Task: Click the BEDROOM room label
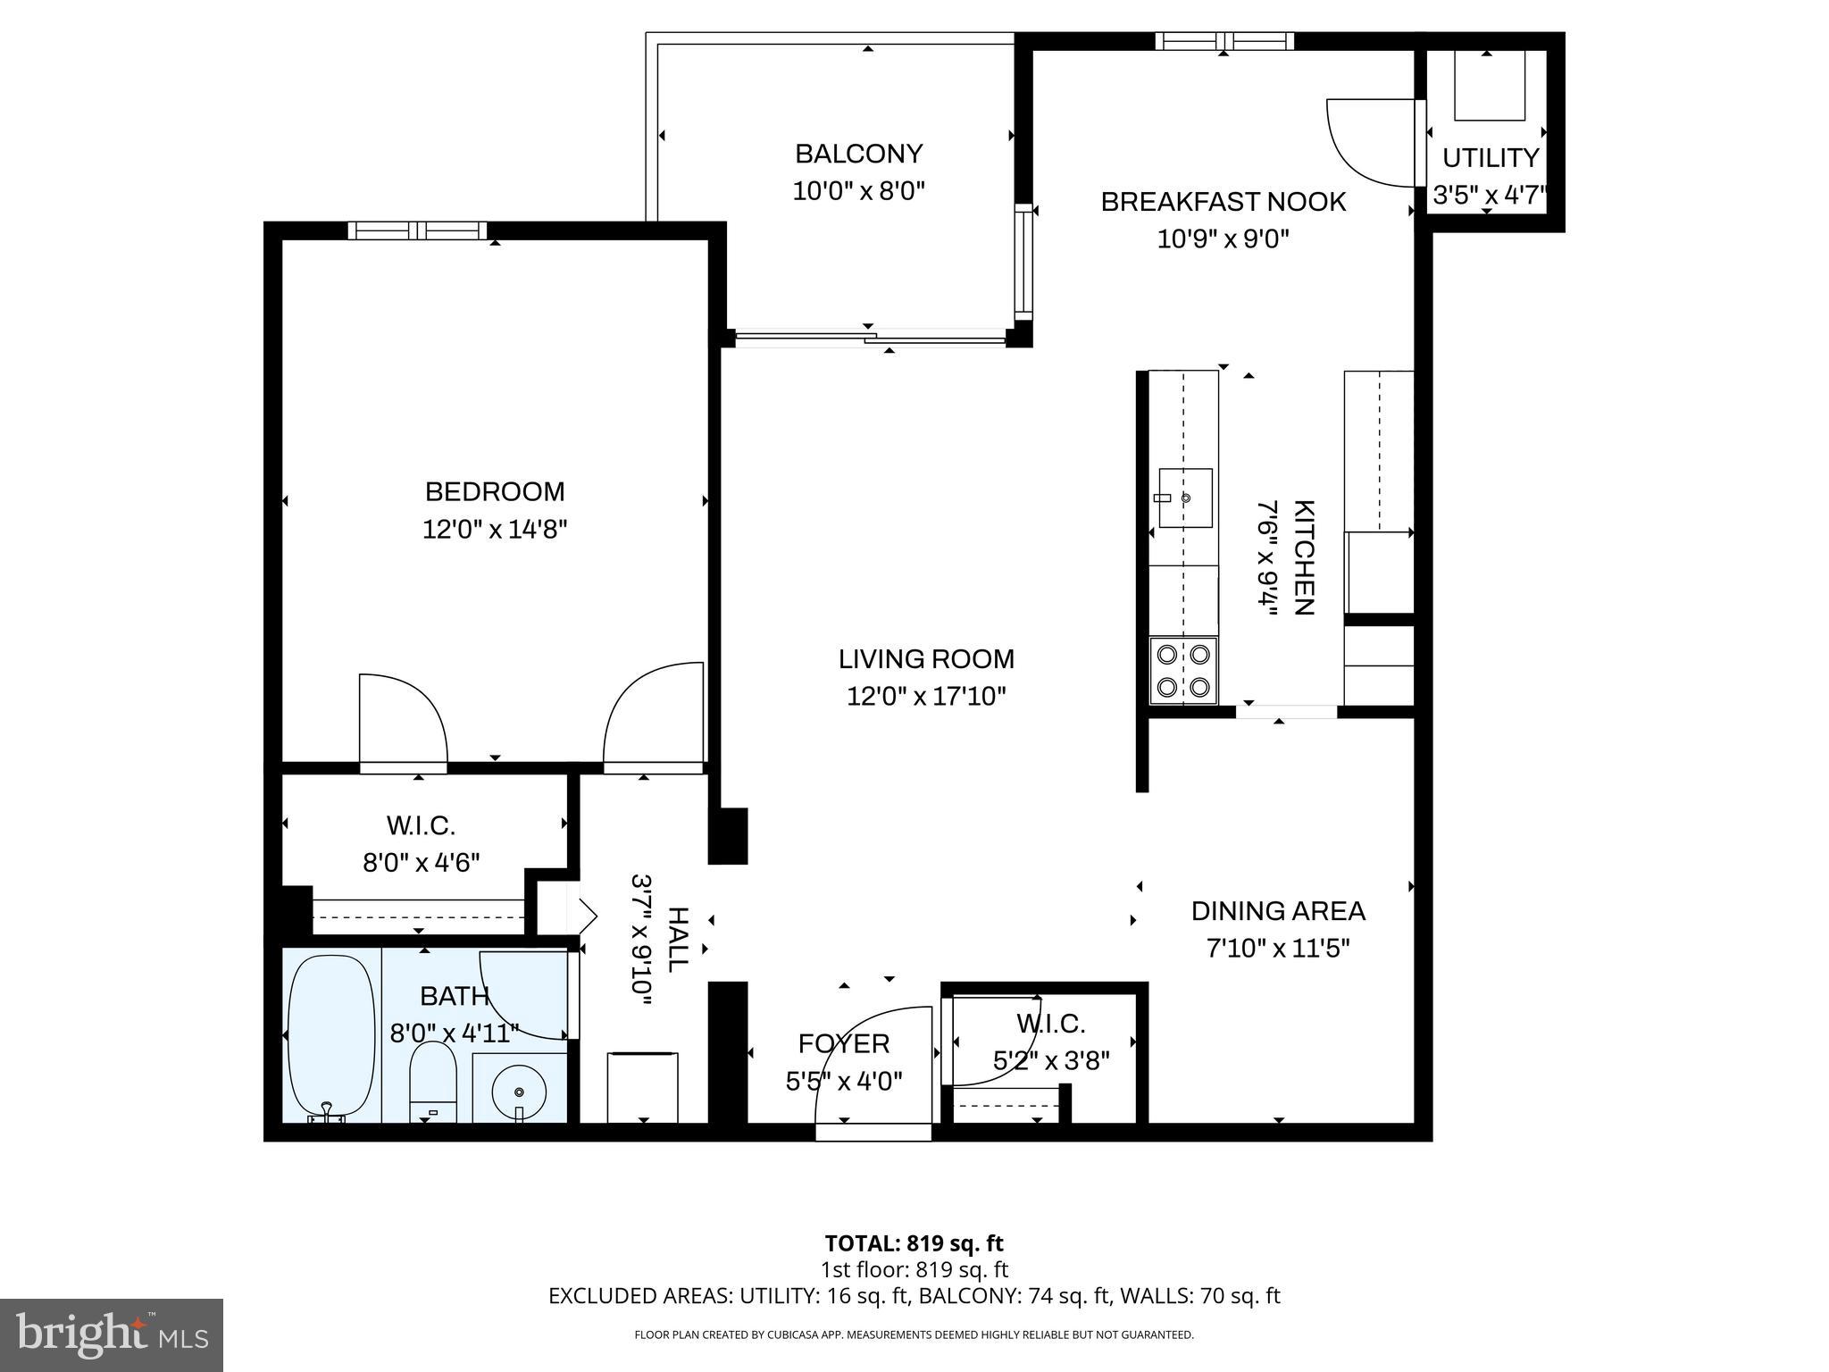pos(494,491)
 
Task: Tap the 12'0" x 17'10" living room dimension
pos(926,696)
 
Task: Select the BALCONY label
pos(858,154)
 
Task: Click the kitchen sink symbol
pos(1185,498)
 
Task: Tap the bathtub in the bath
pos(331,1036)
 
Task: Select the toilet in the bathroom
pos(432,1083)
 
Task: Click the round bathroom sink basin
pos(519,1092)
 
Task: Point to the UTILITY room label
pos(1491,158)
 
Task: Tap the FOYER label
pos(843,1043)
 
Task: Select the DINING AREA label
pos(1278,911)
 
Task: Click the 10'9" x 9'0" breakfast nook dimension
pos(1223,239)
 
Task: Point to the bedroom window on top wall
pos(417,230)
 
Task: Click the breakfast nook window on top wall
pos(1224,41)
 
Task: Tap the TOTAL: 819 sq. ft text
pos(914,1243)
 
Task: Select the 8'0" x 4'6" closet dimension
pos(421,863)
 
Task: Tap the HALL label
pos(678,940)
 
